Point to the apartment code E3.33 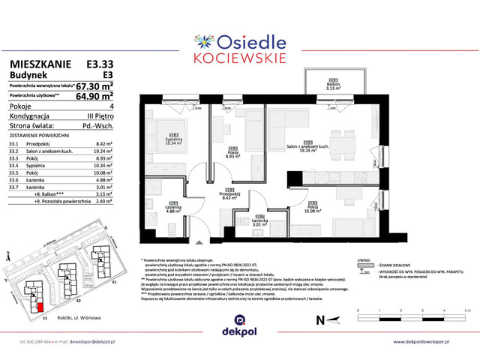point(95,65)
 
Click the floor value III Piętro point(97,116)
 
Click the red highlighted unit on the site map point(39,304)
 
